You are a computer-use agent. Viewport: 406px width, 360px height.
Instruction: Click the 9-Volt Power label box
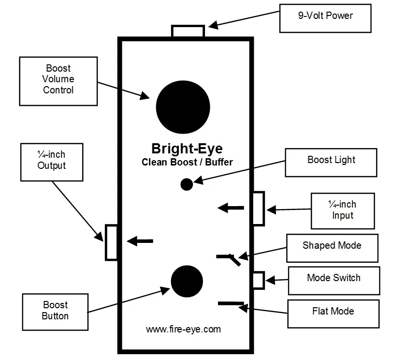pos(325,18)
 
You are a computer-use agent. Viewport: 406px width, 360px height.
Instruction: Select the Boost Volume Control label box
pos(58,81)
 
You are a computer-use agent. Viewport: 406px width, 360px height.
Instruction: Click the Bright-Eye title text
pos(187,148)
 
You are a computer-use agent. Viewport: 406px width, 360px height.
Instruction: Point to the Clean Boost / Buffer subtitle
pos(187,163)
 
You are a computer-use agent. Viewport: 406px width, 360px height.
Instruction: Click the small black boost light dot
pos(187,184)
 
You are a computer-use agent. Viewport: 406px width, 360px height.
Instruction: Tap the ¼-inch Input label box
pos(343,210)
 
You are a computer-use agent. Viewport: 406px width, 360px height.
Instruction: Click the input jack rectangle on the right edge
pos(259,209)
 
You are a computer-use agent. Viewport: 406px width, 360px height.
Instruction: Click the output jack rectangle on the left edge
pos(112,242)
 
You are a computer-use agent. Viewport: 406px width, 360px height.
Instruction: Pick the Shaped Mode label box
pos(332,248)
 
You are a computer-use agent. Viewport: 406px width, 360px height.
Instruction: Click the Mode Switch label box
pos(333,280)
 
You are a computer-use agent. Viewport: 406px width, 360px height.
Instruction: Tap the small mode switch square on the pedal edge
pos(259,280)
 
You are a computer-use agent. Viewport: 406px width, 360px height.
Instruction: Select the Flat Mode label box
pos(333,313)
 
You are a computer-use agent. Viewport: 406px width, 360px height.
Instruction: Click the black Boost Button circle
pos(187,281)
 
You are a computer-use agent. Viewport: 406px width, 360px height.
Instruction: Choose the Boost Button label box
pos(55,311)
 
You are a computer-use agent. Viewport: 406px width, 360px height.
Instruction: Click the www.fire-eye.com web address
pos(183,330)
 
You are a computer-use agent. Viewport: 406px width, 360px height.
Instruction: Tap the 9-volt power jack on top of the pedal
pos(188,31)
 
